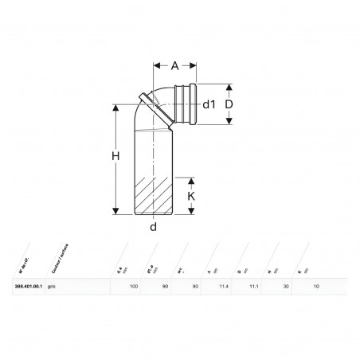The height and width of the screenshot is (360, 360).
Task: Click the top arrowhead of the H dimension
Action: pyautogui.click(x=117, y=106)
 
